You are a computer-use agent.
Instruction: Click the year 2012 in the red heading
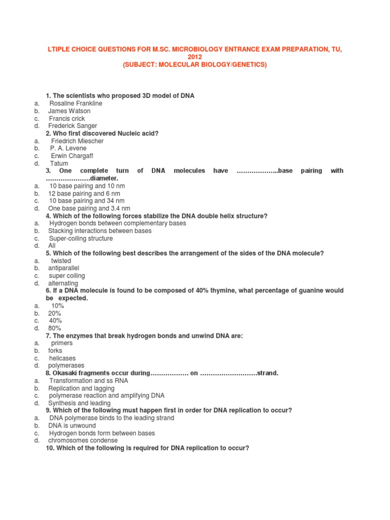[195, 57]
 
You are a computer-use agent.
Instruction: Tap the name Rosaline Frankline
[76, 104]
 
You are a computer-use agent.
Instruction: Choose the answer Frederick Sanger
[73, 126]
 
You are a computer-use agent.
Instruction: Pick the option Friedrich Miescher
[77, 141]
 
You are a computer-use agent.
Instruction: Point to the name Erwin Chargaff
[72, 156]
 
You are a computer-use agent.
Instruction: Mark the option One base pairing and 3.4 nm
[89, 208]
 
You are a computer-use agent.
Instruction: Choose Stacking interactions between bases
[100, 231]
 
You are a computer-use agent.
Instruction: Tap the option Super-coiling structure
[81, 239]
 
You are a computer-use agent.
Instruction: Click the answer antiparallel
[63, 268]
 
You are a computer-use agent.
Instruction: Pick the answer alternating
[63, 283]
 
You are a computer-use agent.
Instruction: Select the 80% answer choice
[54, 328]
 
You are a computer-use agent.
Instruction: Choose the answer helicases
[62, 358]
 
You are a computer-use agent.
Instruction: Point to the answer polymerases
[66, 366]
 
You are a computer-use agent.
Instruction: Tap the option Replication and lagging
[81, 388]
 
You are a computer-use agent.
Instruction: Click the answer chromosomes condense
[83, 440]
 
